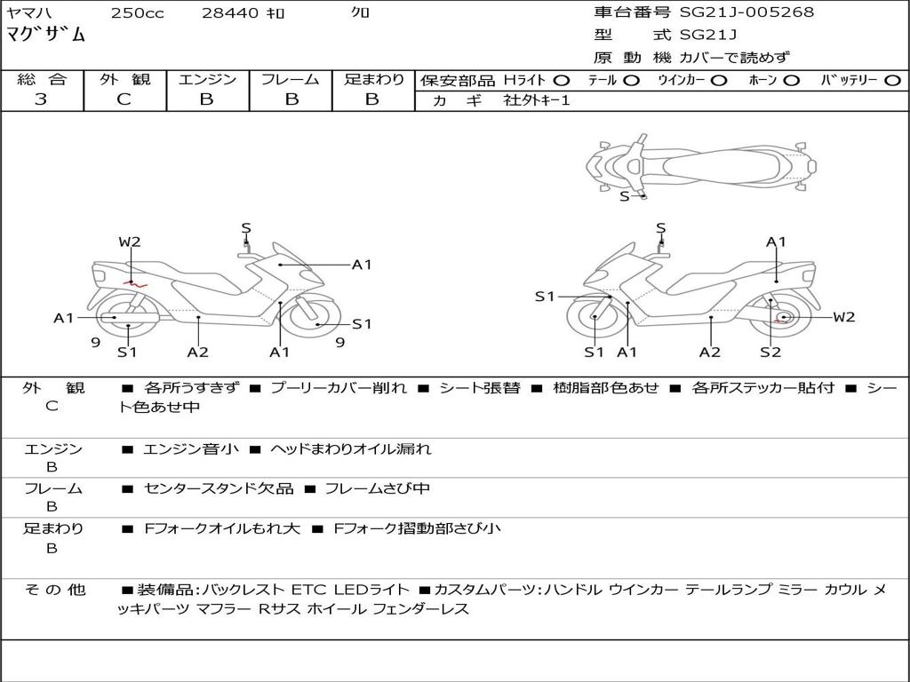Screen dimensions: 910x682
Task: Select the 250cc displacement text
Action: coord(136,13)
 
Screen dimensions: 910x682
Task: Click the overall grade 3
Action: coord(41,99)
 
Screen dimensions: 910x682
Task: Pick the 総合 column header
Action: coord(41,80)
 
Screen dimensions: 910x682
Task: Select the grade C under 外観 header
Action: coord(124,99)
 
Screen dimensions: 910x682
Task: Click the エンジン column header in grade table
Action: coord(207,80)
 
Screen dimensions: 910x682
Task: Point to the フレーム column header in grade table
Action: coord(290,80)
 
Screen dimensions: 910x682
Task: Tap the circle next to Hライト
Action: coord(562,81)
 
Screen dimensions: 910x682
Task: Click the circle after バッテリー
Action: coord(892,81)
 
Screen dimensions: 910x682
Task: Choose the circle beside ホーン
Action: coord(791,81)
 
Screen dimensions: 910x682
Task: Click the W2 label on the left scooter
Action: coord(130,242)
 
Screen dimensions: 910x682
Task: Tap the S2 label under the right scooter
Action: coord(770,352)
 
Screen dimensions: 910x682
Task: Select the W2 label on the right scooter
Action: coord(843,317)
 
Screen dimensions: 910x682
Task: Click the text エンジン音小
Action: coord(191,449)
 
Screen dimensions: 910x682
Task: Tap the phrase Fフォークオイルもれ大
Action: coord(222,528)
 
